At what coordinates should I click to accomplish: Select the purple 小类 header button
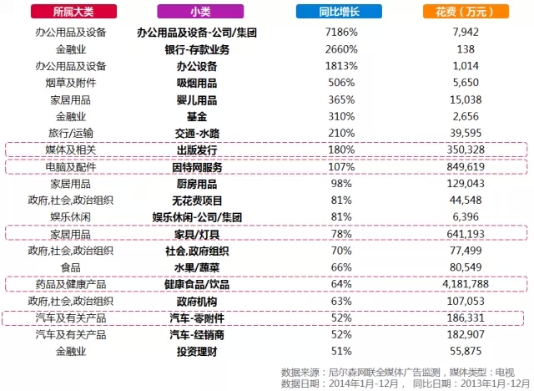(x=199, y=12)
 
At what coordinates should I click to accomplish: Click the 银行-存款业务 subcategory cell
(x=197, y=49)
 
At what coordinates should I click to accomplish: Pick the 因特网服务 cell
(x=197, y=166)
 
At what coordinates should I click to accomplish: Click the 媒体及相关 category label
(x=70, y=150)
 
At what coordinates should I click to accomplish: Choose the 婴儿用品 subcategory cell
(x=197, y=99)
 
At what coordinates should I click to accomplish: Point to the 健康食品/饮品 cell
(x=197, y=283)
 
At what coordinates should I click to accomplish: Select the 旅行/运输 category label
(x=70, y=133)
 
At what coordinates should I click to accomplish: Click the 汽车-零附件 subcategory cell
(x=197, y=317)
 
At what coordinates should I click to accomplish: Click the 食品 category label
(x=70, y=267)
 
